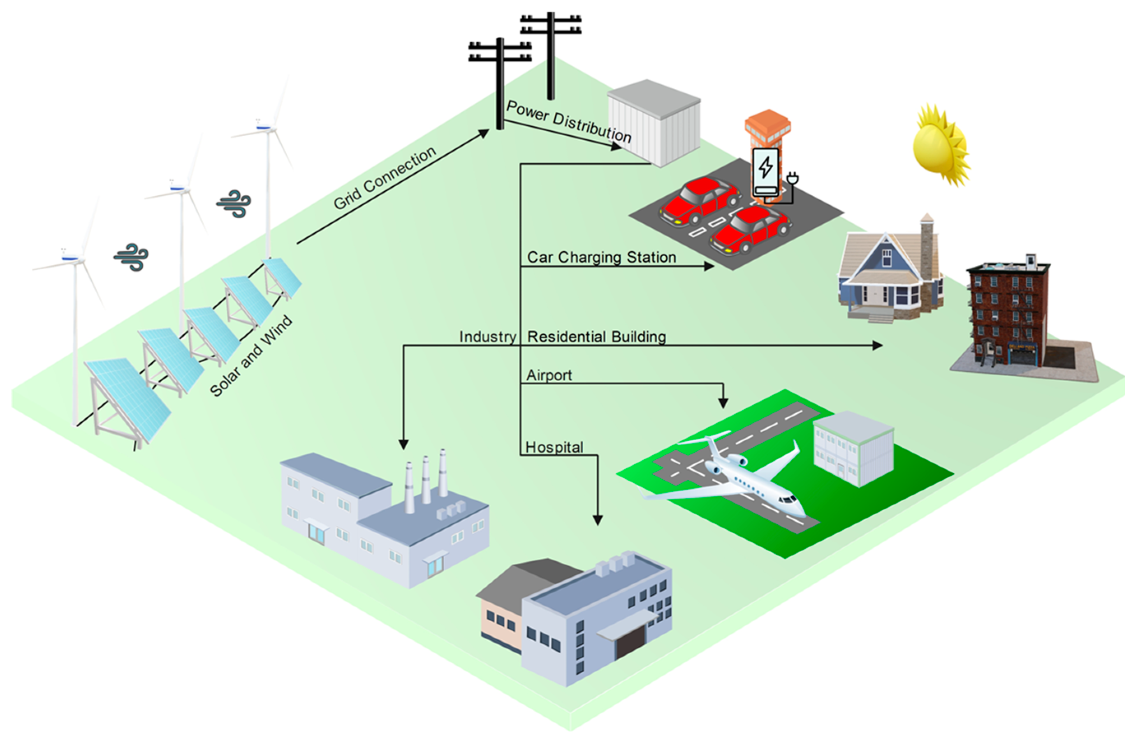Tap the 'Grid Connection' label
click(385, 177)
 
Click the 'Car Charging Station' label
click(601, 257)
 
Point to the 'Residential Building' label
click(596, 337)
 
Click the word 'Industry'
click(487, 337)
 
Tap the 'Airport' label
click(549, 375)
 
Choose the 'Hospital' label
click(554, 447)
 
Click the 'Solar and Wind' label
click(251, 356)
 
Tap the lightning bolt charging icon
click(765, 167)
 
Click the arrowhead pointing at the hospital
click(598, 520)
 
